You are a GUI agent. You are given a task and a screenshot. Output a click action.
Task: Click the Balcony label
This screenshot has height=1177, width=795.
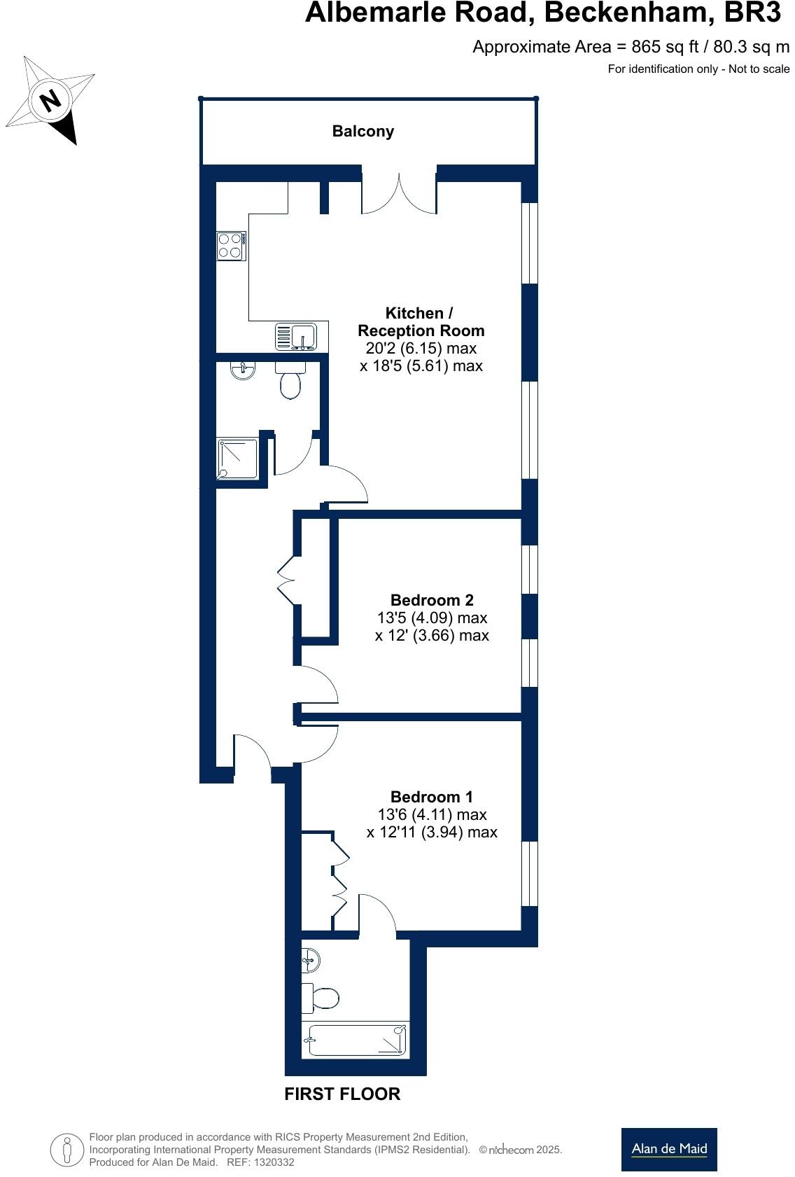point(363,131)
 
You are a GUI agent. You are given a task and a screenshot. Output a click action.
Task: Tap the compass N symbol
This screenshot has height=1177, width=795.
point(50,101)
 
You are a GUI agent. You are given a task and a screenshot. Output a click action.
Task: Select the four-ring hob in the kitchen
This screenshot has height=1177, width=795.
point(231,246)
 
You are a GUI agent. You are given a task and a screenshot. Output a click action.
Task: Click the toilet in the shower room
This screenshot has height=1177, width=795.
point(289,380)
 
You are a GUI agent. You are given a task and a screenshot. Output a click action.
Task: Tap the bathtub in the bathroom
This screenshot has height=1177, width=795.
point(356,1039)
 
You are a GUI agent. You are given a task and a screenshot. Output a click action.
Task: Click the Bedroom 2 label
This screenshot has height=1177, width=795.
point(432,600)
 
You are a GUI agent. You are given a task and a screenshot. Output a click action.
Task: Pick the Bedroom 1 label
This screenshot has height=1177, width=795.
point(432,797)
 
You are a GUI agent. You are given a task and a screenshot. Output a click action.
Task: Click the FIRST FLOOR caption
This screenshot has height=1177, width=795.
point(342,1094)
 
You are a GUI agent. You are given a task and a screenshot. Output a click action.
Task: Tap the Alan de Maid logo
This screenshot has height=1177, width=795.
point(669,1149)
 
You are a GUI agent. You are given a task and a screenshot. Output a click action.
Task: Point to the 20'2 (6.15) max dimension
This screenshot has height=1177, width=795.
point(421,348)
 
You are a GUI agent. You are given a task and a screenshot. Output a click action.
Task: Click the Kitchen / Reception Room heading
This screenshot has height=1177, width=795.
point(421,321)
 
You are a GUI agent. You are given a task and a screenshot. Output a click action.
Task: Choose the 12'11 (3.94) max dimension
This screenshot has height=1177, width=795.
point(432,832)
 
